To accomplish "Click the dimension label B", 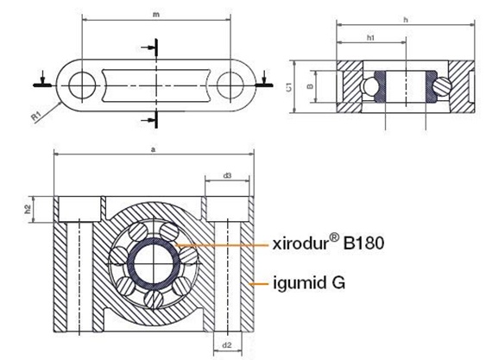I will [311, 88].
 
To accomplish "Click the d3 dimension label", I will [227, 175].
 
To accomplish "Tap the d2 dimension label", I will [227, 345].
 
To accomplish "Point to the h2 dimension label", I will [28, 208].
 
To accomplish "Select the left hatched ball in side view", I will [372, 87].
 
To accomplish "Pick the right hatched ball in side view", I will [442, 86].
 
